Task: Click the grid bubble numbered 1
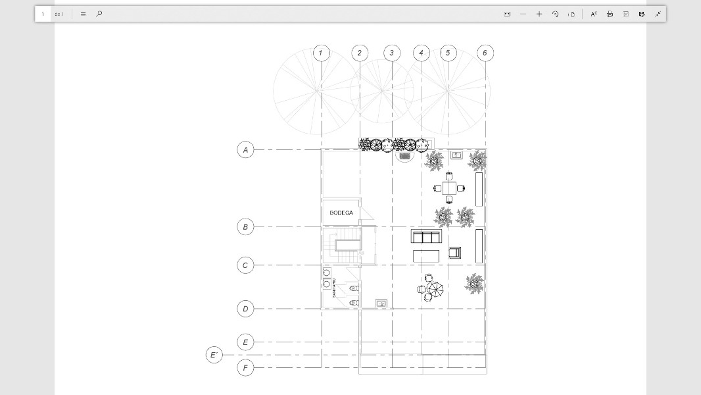point(322,53)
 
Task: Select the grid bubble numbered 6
point(485,53)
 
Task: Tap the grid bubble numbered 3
point(392,53)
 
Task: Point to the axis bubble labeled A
point(245,150)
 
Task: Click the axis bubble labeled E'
point(214,355)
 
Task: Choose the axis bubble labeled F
point(245,368)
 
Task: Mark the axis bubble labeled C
point(245,265)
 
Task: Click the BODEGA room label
point(341,213)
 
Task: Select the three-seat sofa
point(426,237)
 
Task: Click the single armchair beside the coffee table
point(454,252)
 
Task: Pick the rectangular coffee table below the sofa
point(426,255)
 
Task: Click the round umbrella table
point(434,288)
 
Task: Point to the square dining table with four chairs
point(449,188)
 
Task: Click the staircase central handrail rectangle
point(346,246)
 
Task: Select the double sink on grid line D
point(381,303)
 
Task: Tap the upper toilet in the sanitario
point(354,288)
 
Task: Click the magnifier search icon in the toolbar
point(99,14)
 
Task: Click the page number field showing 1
point(43,14)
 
